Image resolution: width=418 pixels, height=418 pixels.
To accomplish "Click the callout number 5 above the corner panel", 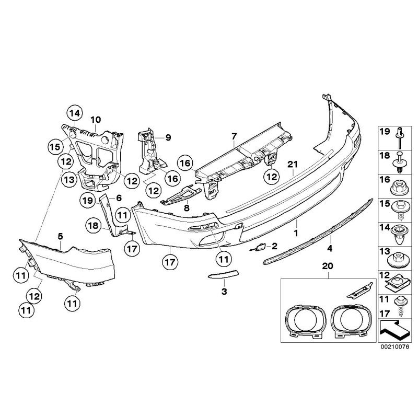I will [60, 236].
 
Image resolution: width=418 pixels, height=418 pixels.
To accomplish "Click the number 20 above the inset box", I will [328, 266].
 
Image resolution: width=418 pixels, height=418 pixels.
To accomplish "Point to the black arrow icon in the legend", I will [396, 330].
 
